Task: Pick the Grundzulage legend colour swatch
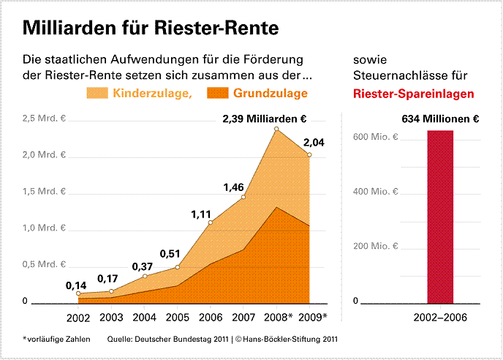tap(218, 93)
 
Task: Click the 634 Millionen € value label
tap(440, 119)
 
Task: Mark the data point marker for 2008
tap(276, 130)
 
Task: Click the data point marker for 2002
tap(77, 294)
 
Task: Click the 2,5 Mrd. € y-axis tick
tap(45, 119)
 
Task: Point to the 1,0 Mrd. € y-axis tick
tap(45, 228)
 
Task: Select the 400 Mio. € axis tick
tap(378, 192)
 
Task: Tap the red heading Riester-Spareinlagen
tap(413, 94)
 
